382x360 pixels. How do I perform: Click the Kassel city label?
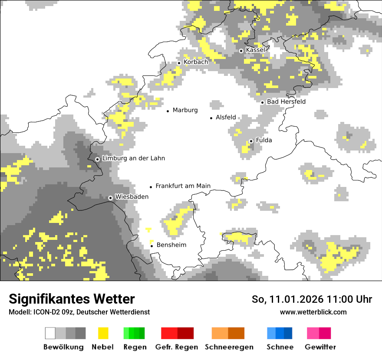pyautogui.click(x=255, y=50)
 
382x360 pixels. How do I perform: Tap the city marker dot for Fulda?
pyautogui.click(x=251, y=141)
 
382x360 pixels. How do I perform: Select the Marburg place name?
pyautogui.click(x=185, y=110)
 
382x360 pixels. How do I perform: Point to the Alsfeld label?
pyautogui.click(x=226, y=118)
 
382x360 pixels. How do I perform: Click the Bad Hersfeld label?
pyautogui.click(x=286, y=102)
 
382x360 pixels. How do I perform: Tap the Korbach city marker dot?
pyautogui.click(x=179, y=63)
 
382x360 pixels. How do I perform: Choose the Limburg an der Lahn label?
pyautogui.click(x=133, y=158)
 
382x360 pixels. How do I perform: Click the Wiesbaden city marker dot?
pyautogui.click(x=111, y=198)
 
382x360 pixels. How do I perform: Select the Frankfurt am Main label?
pyautogui.click(x=183, y=186)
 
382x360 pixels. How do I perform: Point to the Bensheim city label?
pyautogui.click(x=171, y=245)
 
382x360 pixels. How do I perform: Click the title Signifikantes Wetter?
pyautogui.click(x=72, y=299)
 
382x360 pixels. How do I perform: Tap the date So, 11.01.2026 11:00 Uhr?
pyautogui.click(x=312, y=299)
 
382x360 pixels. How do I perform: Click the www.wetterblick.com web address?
pyautogui.click(x=313, y=312)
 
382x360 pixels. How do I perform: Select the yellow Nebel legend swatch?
pyautogui.click(x=103, y=333)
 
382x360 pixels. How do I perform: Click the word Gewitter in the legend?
pyautogui.click(x=320, y=347)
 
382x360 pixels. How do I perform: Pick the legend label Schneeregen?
pyautogui.click(x=229, y=347)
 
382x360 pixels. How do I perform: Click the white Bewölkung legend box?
pyautogui.click(x=50, y=333)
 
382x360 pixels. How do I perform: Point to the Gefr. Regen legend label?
pyautogui.click(x=176, y=347)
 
